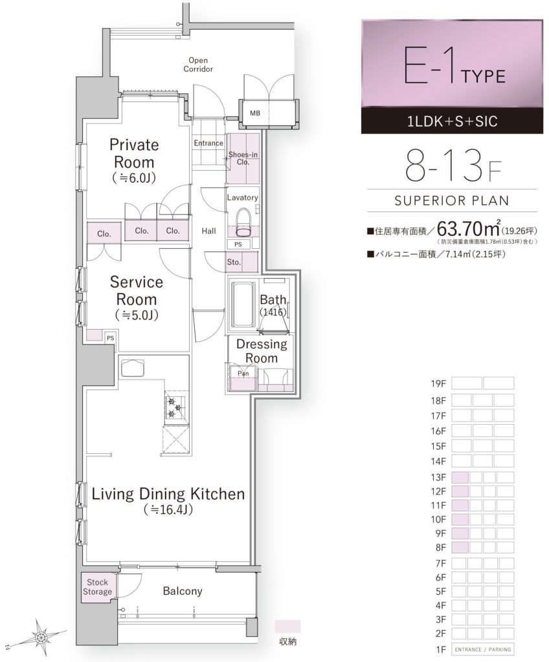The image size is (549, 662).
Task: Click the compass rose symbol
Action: [x=41, y=637]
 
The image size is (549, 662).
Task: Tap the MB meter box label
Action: [x=255, y=113]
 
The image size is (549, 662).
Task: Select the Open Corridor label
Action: [x=198, y=65]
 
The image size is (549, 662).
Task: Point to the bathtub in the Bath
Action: [x=242, y=304]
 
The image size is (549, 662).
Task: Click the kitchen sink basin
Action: [x=133, y=367]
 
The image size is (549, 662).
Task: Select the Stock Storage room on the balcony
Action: [x=98, y=587]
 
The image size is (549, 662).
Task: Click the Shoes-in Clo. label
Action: [x=243, y=158]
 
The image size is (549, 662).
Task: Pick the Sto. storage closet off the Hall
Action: [x=241, y=262]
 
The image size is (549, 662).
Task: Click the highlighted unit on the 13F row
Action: [x=460, y=478]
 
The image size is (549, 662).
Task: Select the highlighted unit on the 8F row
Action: [x=460, y=548]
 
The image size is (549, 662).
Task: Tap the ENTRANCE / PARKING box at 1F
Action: [x=483, y=649]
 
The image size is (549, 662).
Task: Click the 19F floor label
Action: [x=438, y=384]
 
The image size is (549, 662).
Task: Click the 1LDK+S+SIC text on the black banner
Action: [x=452, y=122]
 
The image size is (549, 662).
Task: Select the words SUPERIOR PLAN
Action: [x=452, y=200]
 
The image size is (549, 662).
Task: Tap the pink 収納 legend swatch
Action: [x=287, y=626]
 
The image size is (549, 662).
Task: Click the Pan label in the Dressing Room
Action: [x=243, y=373]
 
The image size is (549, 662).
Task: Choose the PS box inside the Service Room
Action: [x=111, y=337]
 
